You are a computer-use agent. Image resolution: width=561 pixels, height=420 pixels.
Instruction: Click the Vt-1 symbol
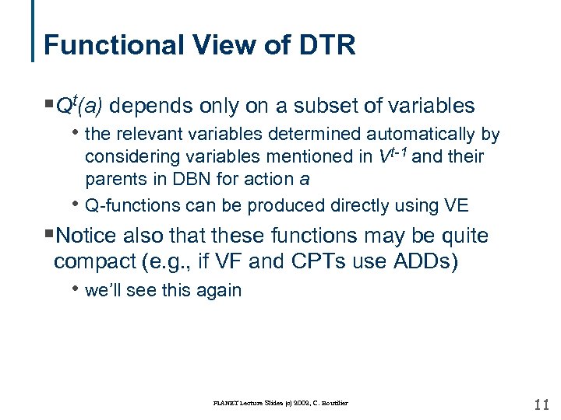[x=393, y=156]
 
